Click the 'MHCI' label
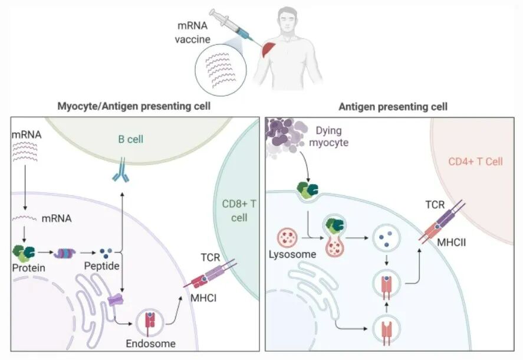click(202, 298)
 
